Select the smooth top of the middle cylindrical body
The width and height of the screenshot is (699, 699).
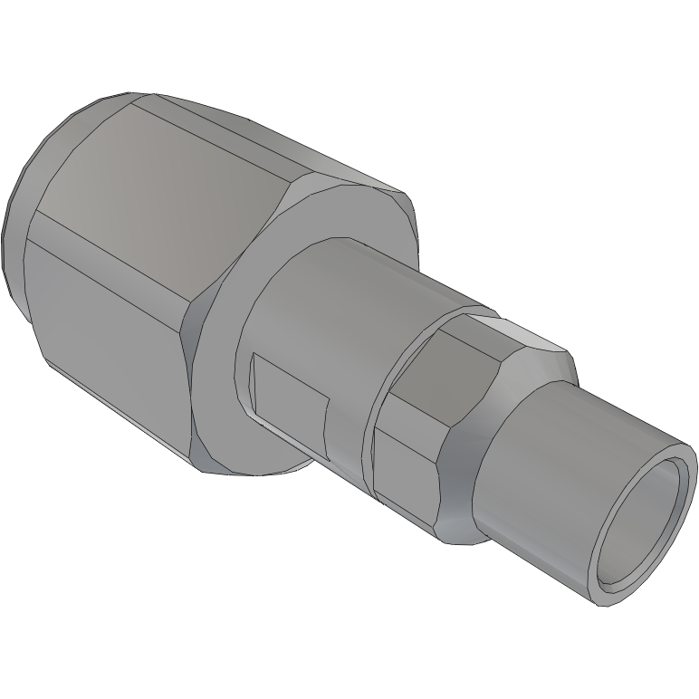(x=362, y=281)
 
